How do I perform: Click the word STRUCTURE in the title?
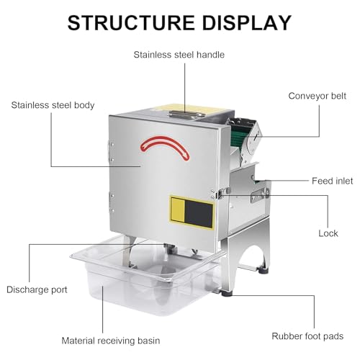coord(131,23)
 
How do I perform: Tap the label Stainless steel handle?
coord(179,55)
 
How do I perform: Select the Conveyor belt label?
coord(317,96)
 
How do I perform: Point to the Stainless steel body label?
coord(53,105)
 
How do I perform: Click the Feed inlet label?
coord(333,181)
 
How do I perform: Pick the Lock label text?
coord(328,233)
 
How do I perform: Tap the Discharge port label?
coord(37,289)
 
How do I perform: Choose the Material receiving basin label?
coord(111,341)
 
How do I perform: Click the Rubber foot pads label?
coord(307,336)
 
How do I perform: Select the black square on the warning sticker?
coord(199,214)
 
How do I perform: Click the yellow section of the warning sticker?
coord(178,209)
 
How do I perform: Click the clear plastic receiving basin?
coord(144,279)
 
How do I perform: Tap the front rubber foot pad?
coord(226,293)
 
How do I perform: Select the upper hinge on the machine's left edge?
coord(111,151)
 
